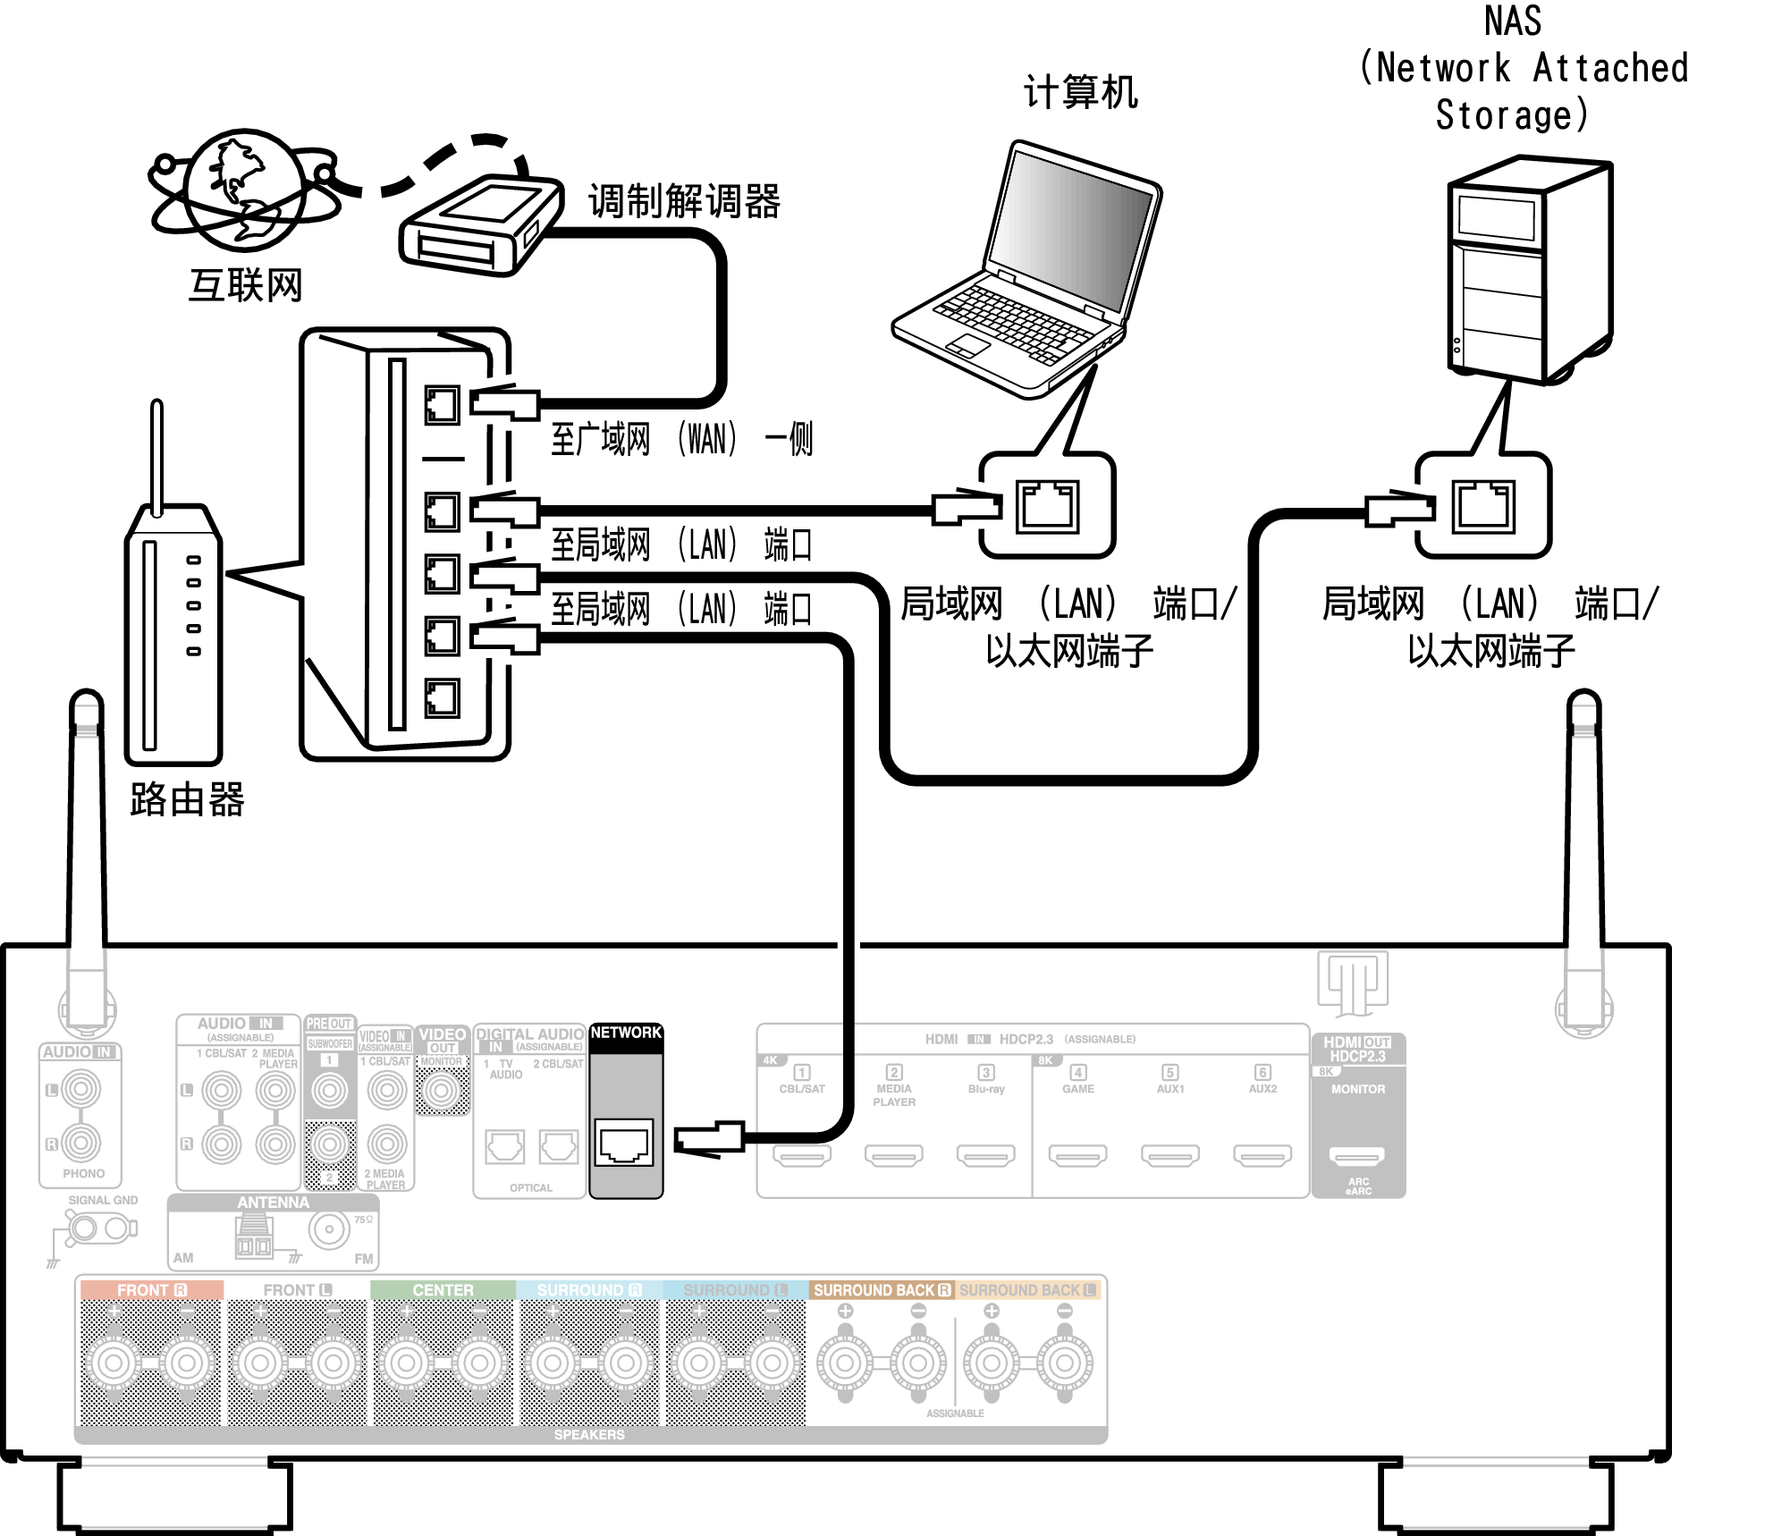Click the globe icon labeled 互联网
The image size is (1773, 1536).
[x=243, y=190]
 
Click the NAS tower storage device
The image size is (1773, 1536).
[x=1529, y=268]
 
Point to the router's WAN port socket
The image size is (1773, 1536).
[x=442, y=405]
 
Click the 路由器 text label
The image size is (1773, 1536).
[x=186, y=798]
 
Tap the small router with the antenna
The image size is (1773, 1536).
[x=173, y=626]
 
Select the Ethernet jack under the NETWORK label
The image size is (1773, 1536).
[x=624, y=1144]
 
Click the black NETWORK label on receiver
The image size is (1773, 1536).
[x=626, y=1033]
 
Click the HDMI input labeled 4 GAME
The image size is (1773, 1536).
[x=1078, y=1155]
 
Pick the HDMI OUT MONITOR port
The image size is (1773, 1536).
[x=1356, y=1155]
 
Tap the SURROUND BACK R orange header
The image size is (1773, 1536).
[x=882, y=1290]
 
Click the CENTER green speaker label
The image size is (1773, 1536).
[x=443, y=1290]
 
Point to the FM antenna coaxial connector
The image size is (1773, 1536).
[x=329, y=1229]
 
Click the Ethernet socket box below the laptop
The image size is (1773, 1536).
[x=1047, y=506]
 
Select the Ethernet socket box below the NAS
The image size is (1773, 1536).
[x=1483, y=506]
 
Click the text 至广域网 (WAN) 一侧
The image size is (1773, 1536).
[x=681, y=439]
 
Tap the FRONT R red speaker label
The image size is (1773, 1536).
[x=151, y=1290]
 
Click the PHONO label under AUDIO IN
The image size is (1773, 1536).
[x=83, y=1173]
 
